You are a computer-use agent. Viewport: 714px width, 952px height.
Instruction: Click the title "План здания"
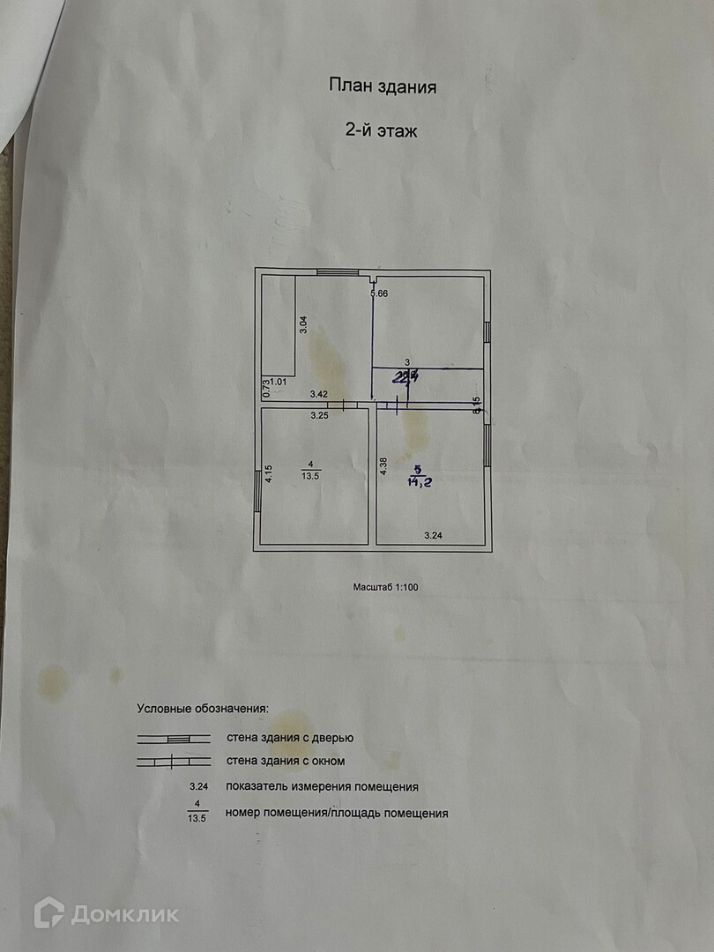click(x=383, y=86)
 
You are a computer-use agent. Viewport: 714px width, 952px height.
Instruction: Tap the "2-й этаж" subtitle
click(x=380, y=131)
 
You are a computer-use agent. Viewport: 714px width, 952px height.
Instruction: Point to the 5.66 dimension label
click(x=379, y=294)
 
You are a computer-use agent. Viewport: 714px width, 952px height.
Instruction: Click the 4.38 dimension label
click(x=383, y=465)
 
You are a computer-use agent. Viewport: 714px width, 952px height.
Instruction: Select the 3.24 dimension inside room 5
click(x=434, y=535)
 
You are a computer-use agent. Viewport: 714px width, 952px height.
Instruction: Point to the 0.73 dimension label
click(x=265, y=388)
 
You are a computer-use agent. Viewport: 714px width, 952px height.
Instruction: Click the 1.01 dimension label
click(x=279, y=382)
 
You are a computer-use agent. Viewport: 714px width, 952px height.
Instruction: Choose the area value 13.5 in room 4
click(x=310, y=474)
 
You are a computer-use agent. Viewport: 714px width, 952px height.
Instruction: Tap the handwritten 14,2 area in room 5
click(x=425, y=481)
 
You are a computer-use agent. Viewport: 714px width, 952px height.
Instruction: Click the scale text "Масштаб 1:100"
click(x=385, y=586)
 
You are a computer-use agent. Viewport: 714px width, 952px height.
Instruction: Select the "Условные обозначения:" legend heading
click(x=203, y=708)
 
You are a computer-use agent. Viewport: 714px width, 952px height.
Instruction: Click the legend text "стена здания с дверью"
click(x=290, y=738)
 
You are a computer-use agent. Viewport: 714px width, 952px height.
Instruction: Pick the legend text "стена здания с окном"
click(x=286, y=761)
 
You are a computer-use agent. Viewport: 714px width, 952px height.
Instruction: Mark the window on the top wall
click(x=331, y=272)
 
